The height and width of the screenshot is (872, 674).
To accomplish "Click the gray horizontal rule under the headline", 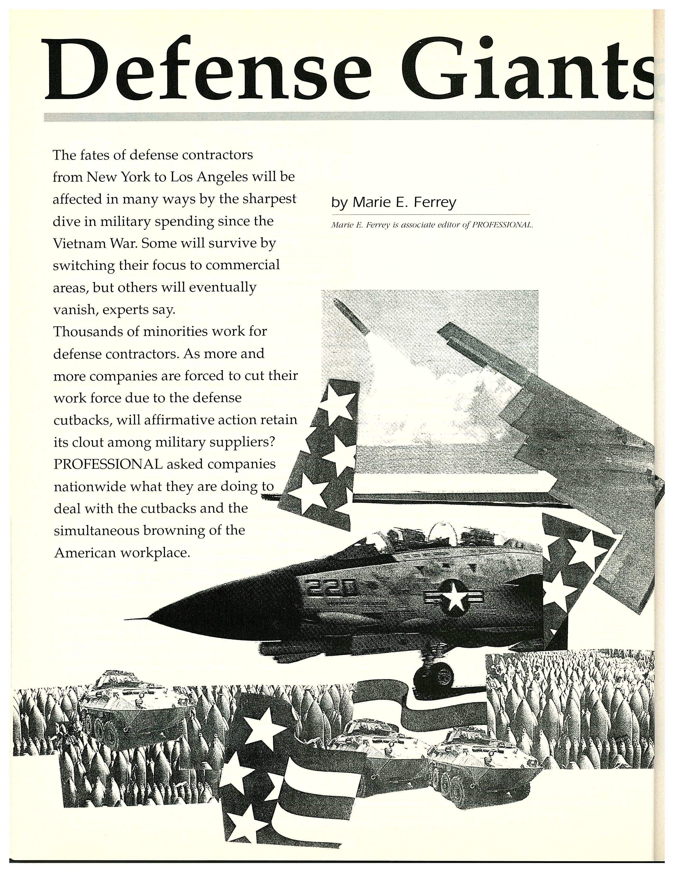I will coord(347,117).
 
